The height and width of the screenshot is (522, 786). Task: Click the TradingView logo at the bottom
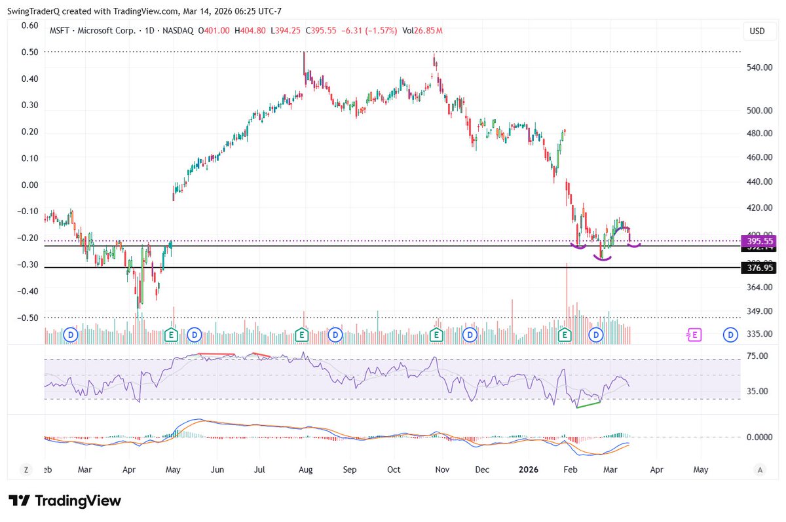click(65, 501)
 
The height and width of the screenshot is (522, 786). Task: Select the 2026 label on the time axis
click(529, 470)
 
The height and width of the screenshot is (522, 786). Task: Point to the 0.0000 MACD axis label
click(760, 437)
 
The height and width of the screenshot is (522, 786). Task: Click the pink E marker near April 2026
click(694, 335)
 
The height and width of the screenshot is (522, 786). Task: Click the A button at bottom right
click(760, 470)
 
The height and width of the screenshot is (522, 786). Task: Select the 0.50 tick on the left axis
click(29, 52)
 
